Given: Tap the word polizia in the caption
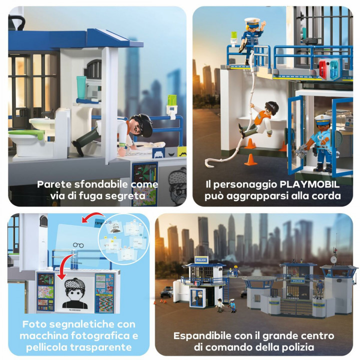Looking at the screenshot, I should pos(313,347).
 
